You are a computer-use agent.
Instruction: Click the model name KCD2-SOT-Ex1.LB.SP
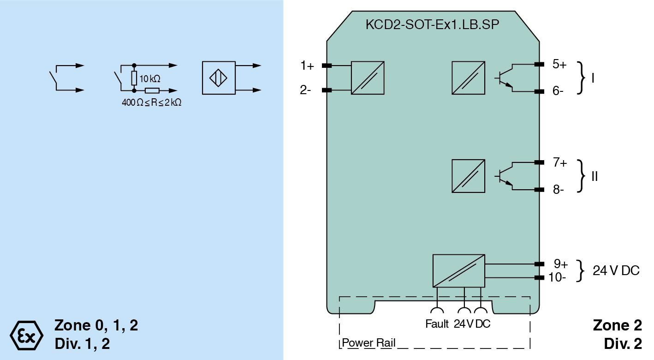coord(432,25)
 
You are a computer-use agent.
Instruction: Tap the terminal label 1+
coord(307,66)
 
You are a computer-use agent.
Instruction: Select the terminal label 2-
coord(306,90)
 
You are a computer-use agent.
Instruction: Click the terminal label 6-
coord(558,91)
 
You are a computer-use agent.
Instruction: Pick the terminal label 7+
coord(560,162)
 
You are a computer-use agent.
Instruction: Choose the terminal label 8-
coord(558,190)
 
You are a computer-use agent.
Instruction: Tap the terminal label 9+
coord(560,264)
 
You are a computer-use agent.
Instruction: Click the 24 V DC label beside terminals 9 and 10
coord(616,271)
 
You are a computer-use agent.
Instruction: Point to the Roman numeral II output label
coord(595,176)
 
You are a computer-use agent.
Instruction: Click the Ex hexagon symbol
coord(26,335)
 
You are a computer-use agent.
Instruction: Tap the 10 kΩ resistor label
coord(150,78)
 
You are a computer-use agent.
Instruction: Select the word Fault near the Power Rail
coord(437,324)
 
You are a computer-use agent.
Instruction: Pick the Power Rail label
coord(369,343)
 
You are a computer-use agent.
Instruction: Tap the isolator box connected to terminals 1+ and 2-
coord(368,78)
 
